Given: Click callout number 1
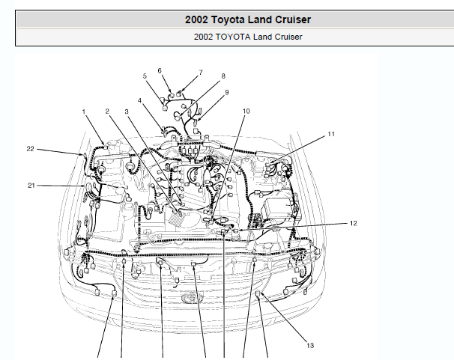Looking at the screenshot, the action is coord(84,112).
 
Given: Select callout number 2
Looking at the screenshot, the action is coord(107,112).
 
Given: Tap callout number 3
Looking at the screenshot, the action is coord(127,112).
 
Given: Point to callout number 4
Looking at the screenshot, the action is coord(139,100).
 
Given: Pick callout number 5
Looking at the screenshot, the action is coord(145,76).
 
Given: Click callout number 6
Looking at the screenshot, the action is coord(160,70).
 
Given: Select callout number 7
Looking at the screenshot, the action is coord(201,73).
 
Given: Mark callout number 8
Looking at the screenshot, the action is coord(223,76).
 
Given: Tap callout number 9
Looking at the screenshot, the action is coord(227,92).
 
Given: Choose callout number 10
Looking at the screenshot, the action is coord(246,112).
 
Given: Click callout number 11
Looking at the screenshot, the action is coord(331,134).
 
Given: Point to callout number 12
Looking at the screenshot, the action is coord(354,223).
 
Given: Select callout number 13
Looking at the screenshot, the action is coord(310,346).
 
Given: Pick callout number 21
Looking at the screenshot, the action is coord(31,186).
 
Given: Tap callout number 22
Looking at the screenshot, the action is coord(31,149).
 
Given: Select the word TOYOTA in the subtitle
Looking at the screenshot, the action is coord(233,37).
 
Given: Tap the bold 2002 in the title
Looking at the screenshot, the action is coord(196,19).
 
